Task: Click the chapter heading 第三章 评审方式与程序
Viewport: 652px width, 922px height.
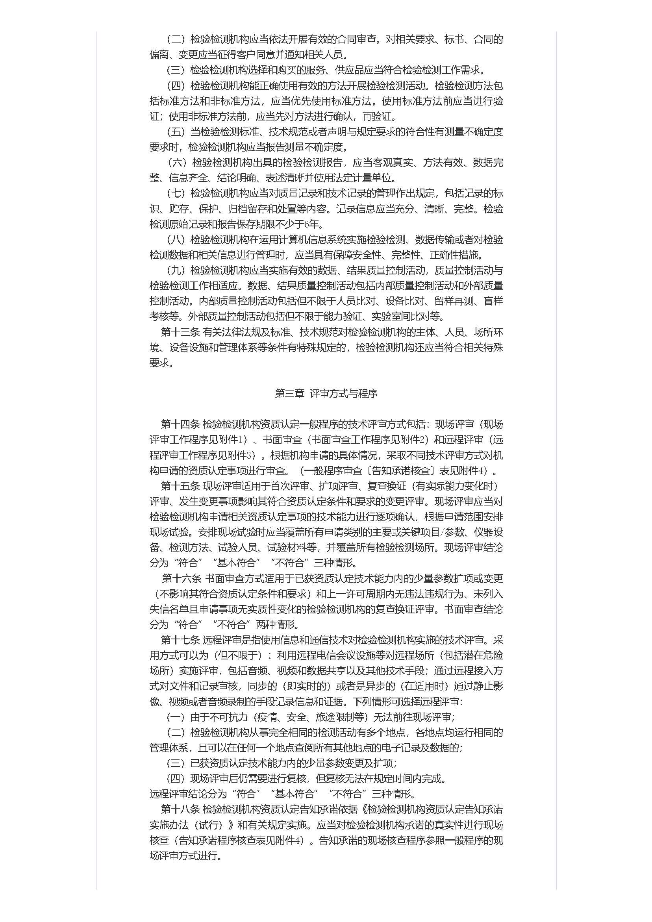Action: coord(326,394)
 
